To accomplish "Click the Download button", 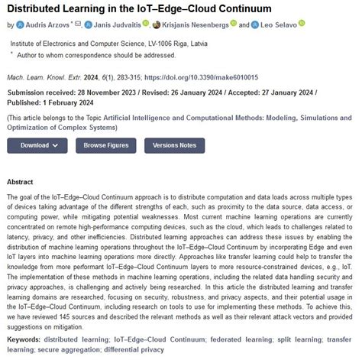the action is tap(38, 144).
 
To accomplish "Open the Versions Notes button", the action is tap(174, 144).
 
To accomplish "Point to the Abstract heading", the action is tap(20, 182).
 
